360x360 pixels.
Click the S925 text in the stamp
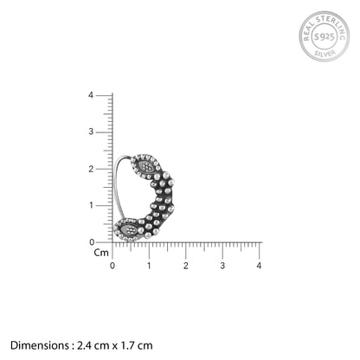coord(325,37)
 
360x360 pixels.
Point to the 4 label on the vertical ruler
coord(91,95)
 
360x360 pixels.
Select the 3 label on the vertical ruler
coord(91,132)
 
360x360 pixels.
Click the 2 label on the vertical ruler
coord(91,169)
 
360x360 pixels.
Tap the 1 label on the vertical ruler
coord(91,205)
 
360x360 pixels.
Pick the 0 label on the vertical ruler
coord(92,242)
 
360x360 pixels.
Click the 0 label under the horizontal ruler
coord(112,266)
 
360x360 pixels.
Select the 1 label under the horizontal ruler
coord(149,266)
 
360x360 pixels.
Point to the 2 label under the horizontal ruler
coord(186,266)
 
